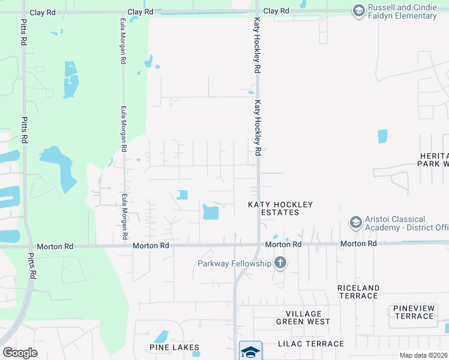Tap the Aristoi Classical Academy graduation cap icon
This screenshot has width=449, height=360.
(355, 223)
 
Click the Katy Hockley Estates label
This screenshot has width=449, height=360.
(281, 208)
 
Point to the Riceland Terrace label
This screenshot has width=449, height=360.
(358, 292)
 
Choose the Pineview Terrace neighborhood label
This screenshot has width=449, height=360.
(414, 312)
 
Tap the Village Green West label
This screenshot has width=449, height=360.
(303, 317)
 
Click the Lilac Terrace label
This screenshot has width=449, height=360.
(310, 344)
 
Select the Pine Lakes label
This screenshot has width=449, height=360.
(174, 347)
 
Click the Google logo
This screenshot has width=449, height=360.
(20, 353)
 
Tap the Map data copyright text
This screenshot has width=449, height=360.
(424, 355)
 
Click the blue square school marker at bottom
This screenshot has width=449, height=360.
(250, 350)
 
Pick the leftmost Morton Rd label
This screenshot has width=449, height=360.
(55, 246)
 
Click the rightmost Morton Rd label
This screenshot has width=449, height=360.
(358, 244)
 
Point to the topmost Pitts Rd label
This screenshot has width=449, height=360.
(24, 34)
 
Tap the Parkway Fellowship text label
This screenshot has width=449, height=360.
(234, 263)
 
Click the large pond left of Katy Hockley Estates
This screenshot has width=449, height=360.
(211, 212)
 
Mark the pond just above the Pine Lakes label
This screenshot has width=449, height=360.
(161, 337)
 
